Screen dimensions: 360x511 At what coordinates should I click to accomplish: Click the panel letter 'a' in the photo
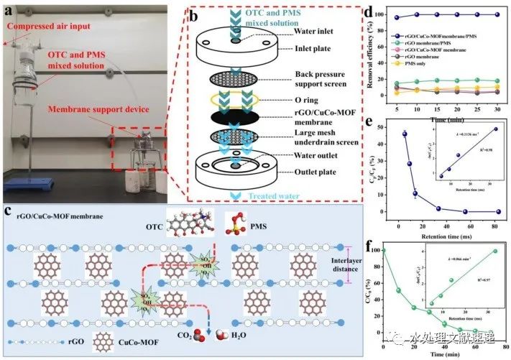click(9, 11)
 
